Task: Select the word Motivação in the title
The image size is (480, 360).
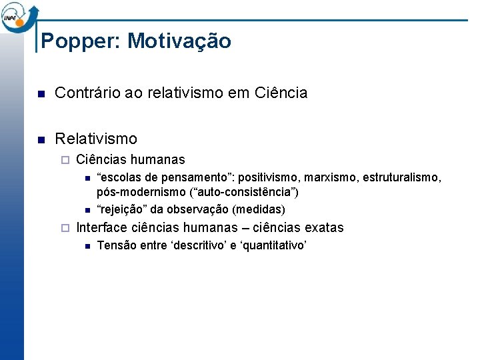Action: [179, 41]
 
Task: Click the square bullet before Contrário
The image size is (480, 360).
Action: [41, 93]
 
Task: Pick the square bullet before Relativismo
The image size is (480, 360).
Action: [41, 139]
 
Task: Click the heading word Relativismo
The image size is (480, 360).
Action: [96, 139]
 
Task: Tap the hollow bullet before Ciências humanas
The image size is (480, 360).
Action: [64, 160]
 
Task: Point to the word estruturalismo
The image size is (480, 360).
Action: [402, 178]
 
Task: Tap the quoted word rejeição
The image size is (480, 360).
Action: [121, 209]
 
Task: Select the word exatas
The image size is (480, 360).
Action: [324, 228]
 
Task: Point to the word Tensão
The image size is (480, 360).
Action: [116, 246]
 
